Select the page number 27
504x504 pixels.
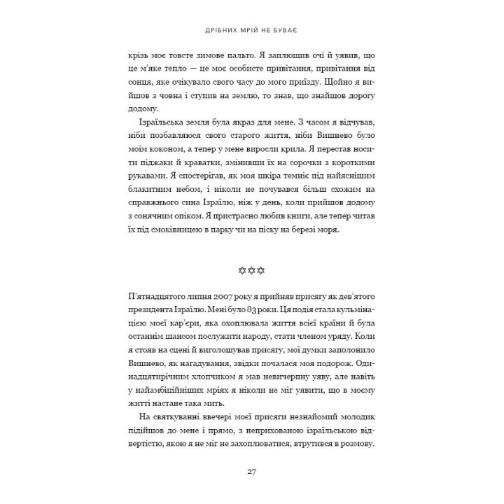[x=251, y=471]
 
